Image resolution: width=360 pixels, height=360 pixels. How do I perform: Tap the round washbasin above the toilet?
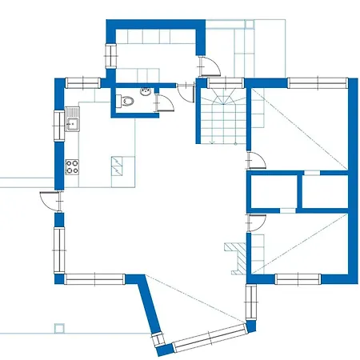pos(145,93)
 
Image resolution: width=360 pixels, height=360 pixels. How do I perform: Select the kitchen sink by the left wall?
pos(71,123)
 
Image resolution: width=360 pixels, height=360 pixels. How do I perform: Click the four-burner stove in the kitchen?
pos(72,167)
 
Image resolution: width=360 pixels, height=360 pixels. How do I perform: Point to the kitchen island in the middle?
pos(117,166)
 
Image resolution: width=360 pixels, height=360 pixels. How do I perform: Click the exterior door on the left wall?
pos(50,202)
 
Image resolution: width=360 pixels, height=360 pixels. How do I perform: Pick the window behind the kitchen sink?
pos(58,124)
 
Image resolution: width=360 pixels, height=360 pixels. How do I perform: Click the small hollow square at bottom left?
pos(58,327)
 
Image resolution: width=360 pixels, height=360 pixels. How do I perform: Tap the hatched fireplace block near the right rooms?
pos(234,257)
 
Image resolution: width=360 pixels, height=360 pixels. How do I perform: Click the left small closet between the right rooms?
pos(271,192)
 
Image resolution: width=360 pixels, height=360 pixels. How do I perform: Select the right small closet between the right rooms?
pos(325,192)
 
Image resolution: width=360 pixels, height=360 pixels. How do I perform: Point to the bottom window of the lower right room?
pos(297,278)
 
